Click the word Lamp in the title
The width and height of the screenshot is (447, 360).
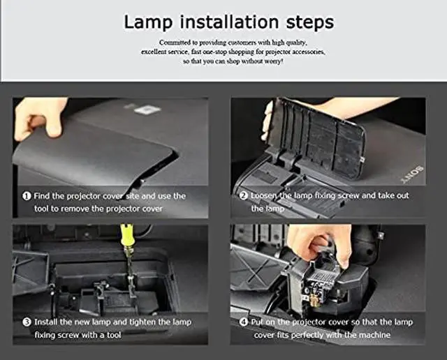pos(148,22)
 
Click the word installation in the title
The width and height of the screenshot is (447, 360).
pos(229,22)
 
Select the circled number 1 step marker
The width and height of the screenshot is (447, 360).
pos(27,196)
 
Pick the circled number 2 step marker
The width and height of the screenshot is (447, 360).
pos(244,195)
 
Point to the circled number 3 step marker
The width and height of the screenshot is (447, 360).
pos(27,322)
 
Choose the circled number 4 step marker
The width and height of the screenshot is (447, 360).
pos(244,322)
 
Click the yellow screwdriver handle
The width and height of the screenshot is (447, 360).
pos(126,235)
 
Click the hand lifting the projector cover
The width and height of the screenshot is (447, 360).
pos(40,118)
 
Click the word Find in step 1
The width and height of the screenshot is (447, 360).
pos(42,196)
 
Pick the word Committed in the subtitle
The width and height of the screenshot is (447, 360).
pos(175,43)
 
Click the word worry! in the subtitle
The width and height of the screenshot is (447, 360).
pos(274,61)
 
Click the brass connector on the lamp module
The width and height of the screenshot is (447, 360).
pos(313,299)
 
